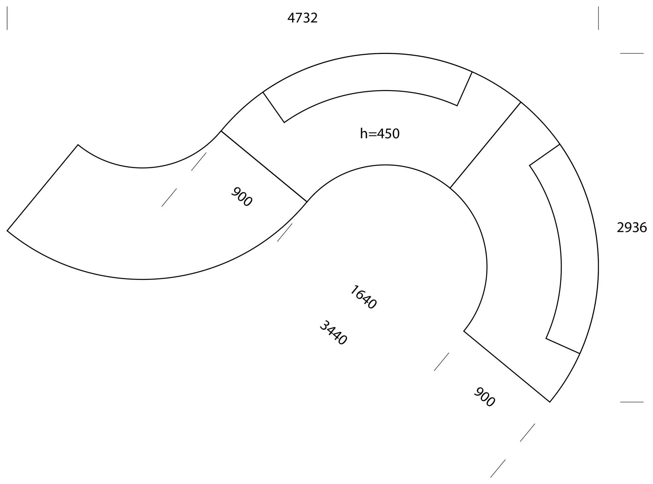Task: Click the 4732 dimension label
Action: pyautogui.click(x=302, y=18)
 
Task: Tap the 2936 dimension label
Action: pyautogui.click(x=632, y=228)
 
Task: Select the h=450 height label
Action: pyautogui.click(x=380, y=134)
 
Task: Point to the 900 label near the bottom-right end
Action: pyautogui.click(x=484, y=397)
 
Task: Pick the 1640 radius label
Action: pyautogui.click(x=363, y=297)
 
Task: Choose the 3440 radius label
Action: pyautogui.click(x=333, y=333)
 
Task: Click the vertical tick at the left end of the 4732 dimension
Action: pyautogui.click(x=7, y=18)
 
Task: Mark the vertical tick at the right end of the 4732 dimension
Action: pyautogui.click(x=598, y=18)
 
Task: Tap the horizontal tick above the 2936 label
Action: pyautogui.click(x=632, y=53)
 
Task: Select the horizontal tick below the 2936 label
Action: pyautogui.click(x=632, y=402)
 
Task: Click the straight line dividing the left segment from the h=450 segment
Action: pyautogui.click(x=264, y=166)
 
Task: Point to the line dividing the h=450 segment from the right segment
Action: pyautogui.click(x=486, y=145)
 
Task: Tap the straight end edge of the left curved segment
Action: pyautogui.click(x=42, y=187)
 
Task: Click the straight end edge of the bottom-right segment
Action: pyautogui.click(x=507, y=366)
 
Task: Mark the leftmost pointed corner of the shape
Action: pyautogui.click(x=7, y=231)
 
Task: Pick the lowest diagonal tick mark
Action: pyautogui.click(x=498, y=469)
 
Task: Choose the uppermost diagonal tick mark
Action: pyautogui.click(x=199, y=161)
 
